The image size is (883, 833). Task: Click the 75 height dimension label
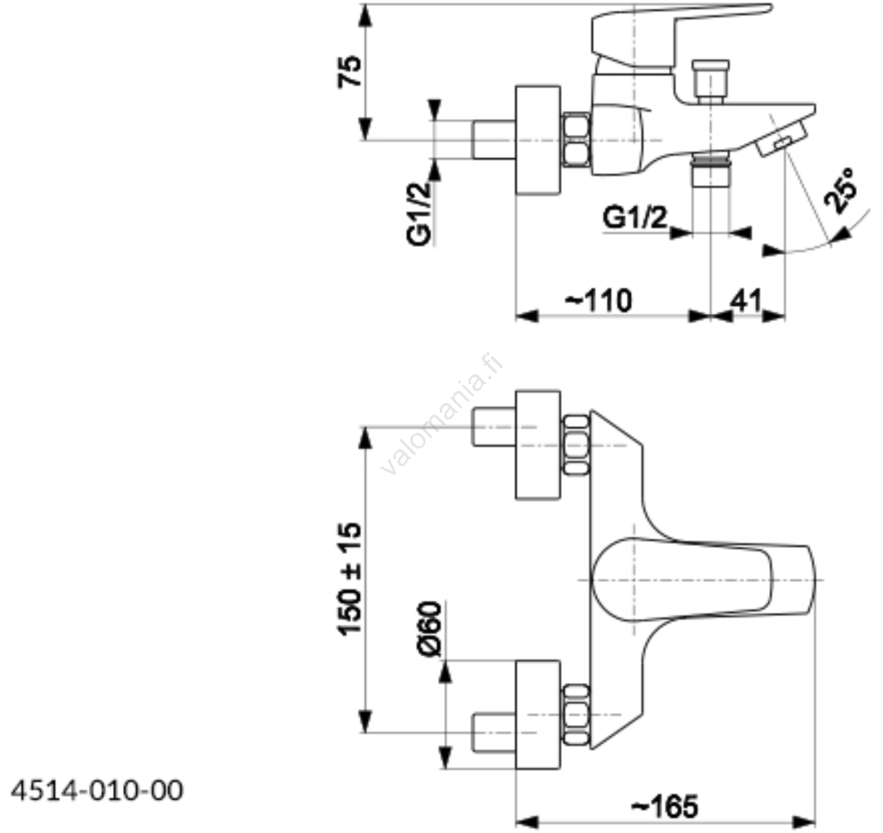point(350,71)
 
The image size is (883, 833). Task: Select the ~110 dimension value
point(599,301)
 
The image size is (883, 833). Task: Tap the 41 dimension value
point(746,301)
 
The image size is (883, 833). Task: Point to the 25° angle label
point(841,190)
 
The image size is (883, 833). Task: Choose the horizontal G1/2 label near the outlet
point(635,218)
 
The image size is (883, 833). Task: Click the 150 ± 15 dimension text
point(350,579)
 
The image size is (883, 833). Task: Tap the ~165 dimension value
point(664,807)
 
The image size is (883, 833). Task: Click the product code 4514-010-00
point(97,791)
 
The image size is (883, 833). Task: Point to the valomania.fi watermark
point(441,414)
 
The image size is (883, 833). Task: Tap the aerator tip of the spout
point(781,141)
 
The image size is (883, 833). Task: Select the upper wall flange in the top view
point(538,445)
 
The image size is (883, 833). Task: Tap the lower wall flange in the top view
point(538,714)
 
